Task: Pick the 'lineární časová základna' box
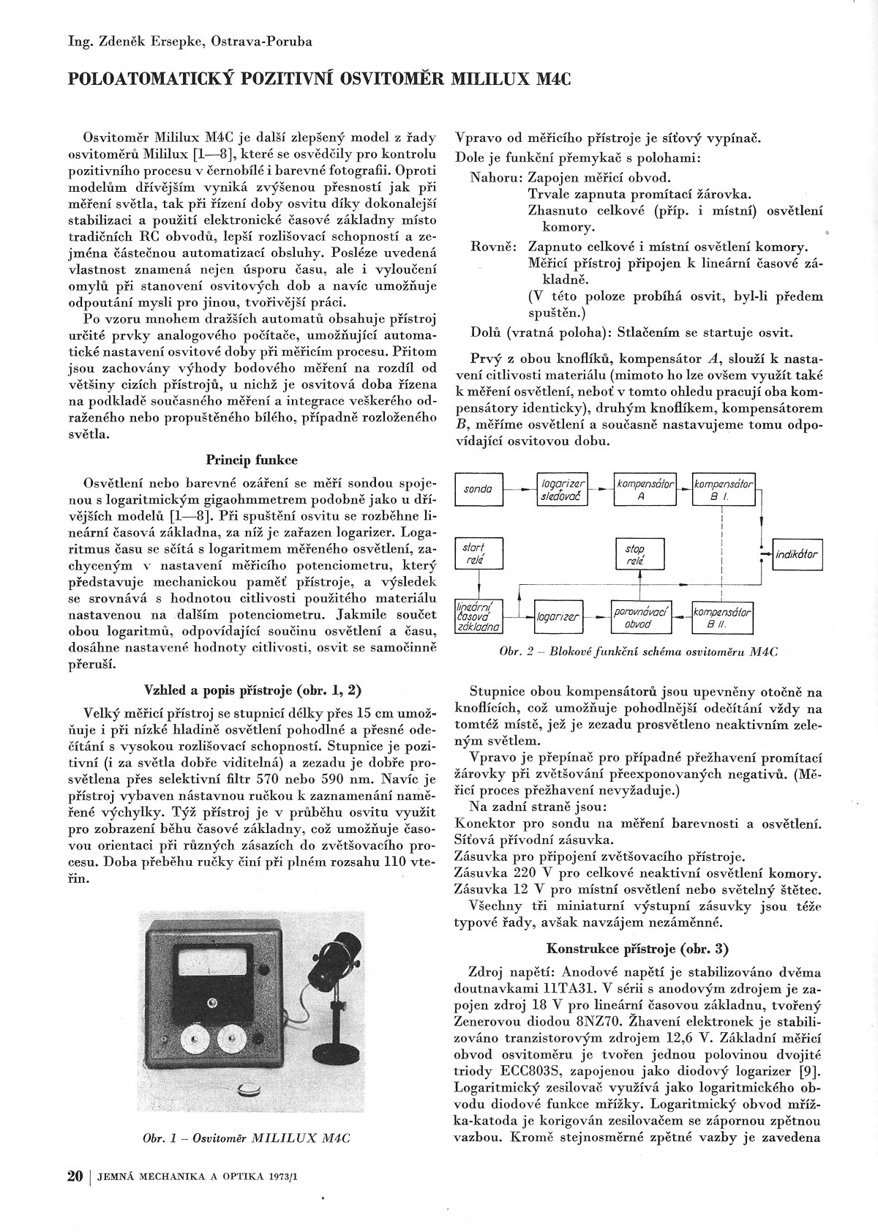478,617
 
